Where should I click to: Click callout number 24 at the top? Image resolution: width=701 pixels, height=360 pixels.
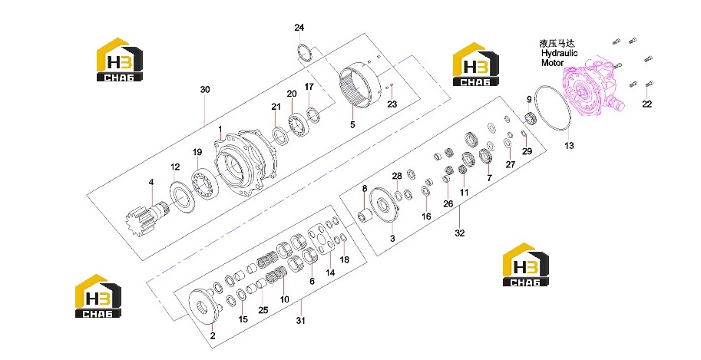pos(299,28)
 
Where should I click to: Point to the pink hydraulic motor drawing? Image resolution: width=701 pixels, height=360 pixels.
pos(594,88)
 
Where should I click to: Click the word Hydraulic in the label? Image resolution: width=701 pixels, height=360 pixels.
pos(559,53)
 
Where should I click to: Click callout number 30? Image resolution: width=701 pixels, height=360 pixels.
pos(205,90)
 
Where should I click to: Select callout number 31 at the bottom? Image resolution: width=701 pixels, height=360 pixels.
pos(301,321)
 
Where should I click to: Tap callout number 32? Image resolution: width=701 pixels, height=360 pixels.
pos(460,233)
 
